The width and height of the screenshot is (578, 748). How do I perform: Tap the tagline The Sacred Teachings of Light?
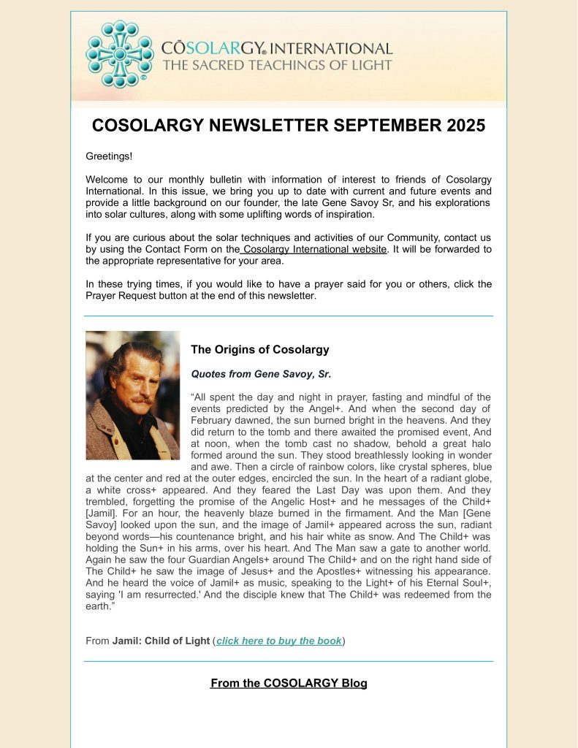tap(277, 65)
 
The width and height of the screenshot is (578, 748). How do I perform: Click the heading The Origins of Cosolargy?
tap(260, 350)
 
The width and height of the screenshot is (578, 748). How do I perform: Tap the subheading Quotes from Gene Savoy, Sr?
tap(261, 374)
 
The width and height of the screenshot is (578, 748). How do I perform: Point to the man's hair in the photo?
tap(132, 351)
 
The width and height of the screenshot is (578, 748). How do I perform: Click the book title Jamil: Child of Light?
tap(161, 641)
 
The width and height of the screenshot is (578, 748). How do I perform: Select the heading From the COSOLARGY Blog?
tap(289, 684)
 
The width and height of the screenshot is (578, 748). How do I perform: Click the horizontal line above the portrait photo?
tap(289, 316)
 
